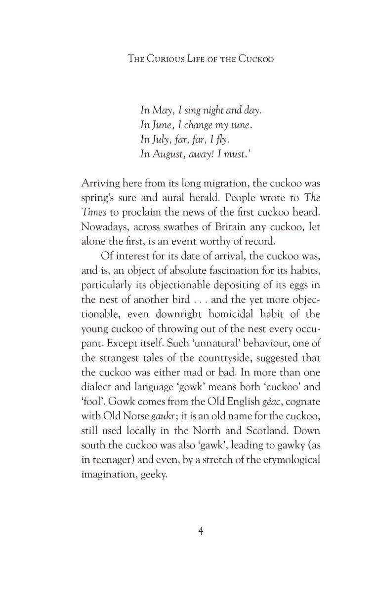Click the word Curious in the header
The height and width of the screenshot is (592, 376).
click(x=170, y=58)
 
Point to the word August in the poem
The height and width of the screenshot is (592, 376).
click(x=168, y=154)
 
